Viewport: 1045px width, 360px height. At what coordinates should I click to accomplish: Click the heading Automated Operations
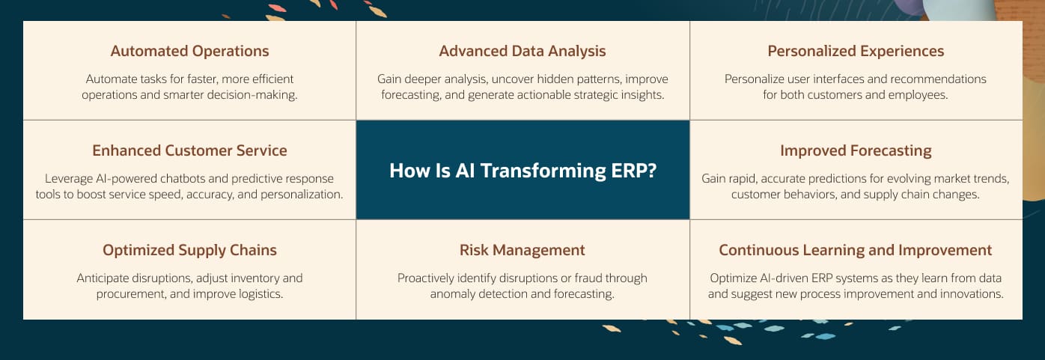(189, 52)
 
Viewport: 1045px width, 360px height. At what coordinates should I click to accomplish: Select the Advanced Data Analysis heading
(522, 52)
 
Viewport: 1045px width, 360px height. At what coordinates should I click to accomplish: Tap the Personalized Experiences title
(856, 52)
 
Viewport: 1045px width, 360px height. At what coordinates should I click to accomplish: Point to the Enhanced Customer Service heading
(189, 150)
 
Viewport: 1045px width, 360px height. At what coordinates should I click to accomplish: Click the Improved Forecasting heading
(856, 151)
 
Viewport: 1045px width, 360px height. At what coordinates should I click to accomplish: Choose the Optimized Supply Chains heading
(189, 251)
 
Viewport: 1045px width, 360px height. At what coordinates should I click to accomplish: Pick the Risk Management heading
(522, 251)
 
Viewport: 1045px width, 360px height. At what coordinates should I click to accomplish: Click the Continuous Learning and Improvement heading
(855, 251)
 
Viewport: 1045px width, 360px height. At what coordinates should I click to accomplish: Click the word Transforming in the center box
(543, 171)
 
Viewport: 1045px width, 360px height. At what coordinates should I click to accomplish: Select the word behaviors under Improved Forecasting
(808, 195)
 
